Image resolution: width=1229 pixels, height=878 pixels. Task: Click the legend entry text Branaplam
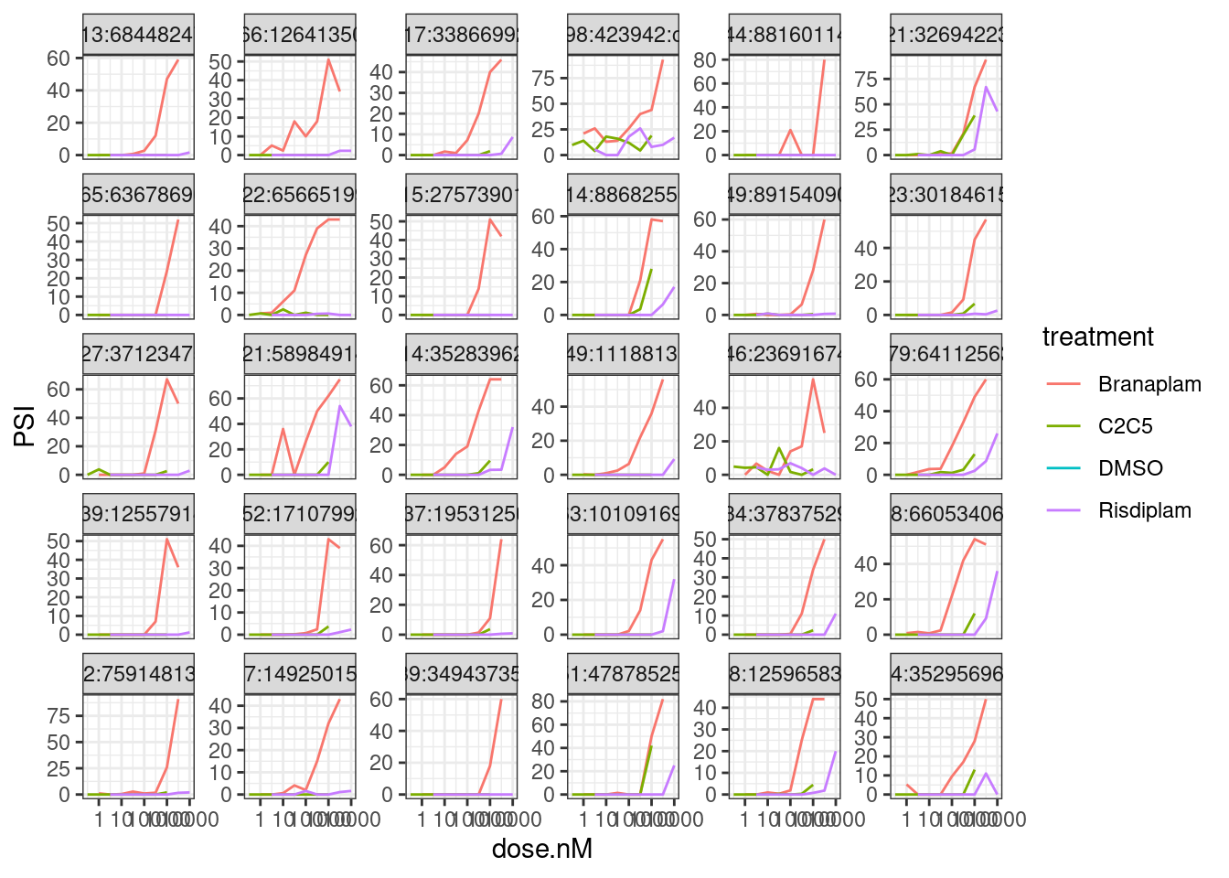1149,384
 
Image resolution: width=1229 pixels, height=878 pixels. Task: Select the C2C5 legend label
1125,426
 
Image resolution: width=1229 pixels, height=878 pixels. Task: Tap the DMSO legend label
1130,468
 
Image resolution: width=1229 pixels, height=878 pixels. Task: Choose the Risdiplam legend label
1145,510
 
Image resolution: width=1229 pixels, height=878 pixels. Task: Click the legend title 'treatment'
1098,337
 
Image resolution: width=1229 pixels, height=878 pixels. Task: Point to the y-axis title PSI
26,426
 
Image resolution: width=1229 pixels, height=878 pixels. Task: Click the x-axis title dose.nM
542,850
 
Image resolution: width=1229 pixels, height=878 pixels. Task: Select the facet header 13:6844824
138,36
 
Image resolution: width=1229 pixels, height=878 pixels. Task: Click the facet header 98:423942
623,36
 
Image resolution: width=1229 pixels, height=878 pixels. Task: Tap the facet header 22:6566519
299,195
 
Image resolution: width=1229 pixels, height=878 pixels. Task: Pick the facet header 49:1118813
623,354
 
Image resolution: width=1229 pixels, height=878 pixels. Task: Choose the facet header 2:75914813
138,674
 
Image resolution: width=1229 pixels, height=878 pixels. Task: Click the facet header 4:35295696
946,674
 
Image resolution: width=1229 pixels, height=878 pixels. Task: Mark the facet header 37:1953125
462,514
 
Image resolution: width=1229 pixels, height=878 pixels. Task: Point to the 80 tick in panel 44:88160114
704,60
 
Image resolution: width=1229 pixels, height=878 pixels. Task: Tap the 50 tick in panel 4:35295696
866,700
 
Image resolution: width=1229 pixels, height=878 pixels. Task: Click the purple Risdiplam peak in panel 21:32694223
986,88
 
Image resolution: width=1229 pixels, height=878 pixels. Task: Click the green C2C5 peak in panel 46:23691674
779,448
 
